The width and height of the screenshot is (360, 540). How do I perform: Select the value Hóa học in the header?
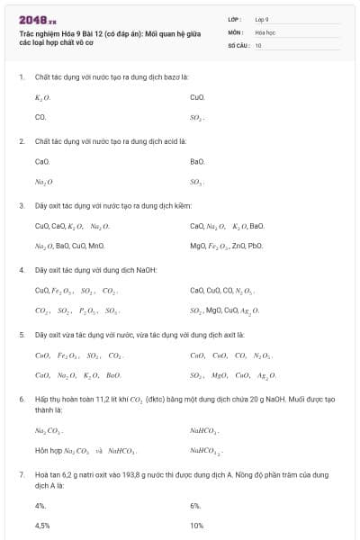(x=265, y=31)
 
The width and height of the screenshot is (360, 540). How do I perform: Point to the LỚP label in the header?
(x=235, y=19)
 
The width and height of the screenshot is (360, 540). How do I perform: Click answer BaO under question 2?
(x=198, y=161)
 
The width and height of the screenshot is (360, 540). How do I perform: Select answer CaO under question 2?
(x=41, y=161)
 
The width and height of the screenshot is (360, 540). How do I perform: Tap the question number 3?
(x=21, y=205)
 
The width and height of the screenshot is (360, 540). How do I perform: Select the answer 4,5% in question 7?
(x=42, y=525)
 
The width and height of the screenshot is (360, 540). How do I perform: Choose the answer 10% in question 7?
(x=197, y=525)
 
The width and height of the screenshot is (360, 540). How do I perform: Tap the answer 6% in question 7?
(x=195, y=506)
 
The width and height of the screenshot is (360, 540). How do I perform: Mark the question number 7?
(x=21, y=473)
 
